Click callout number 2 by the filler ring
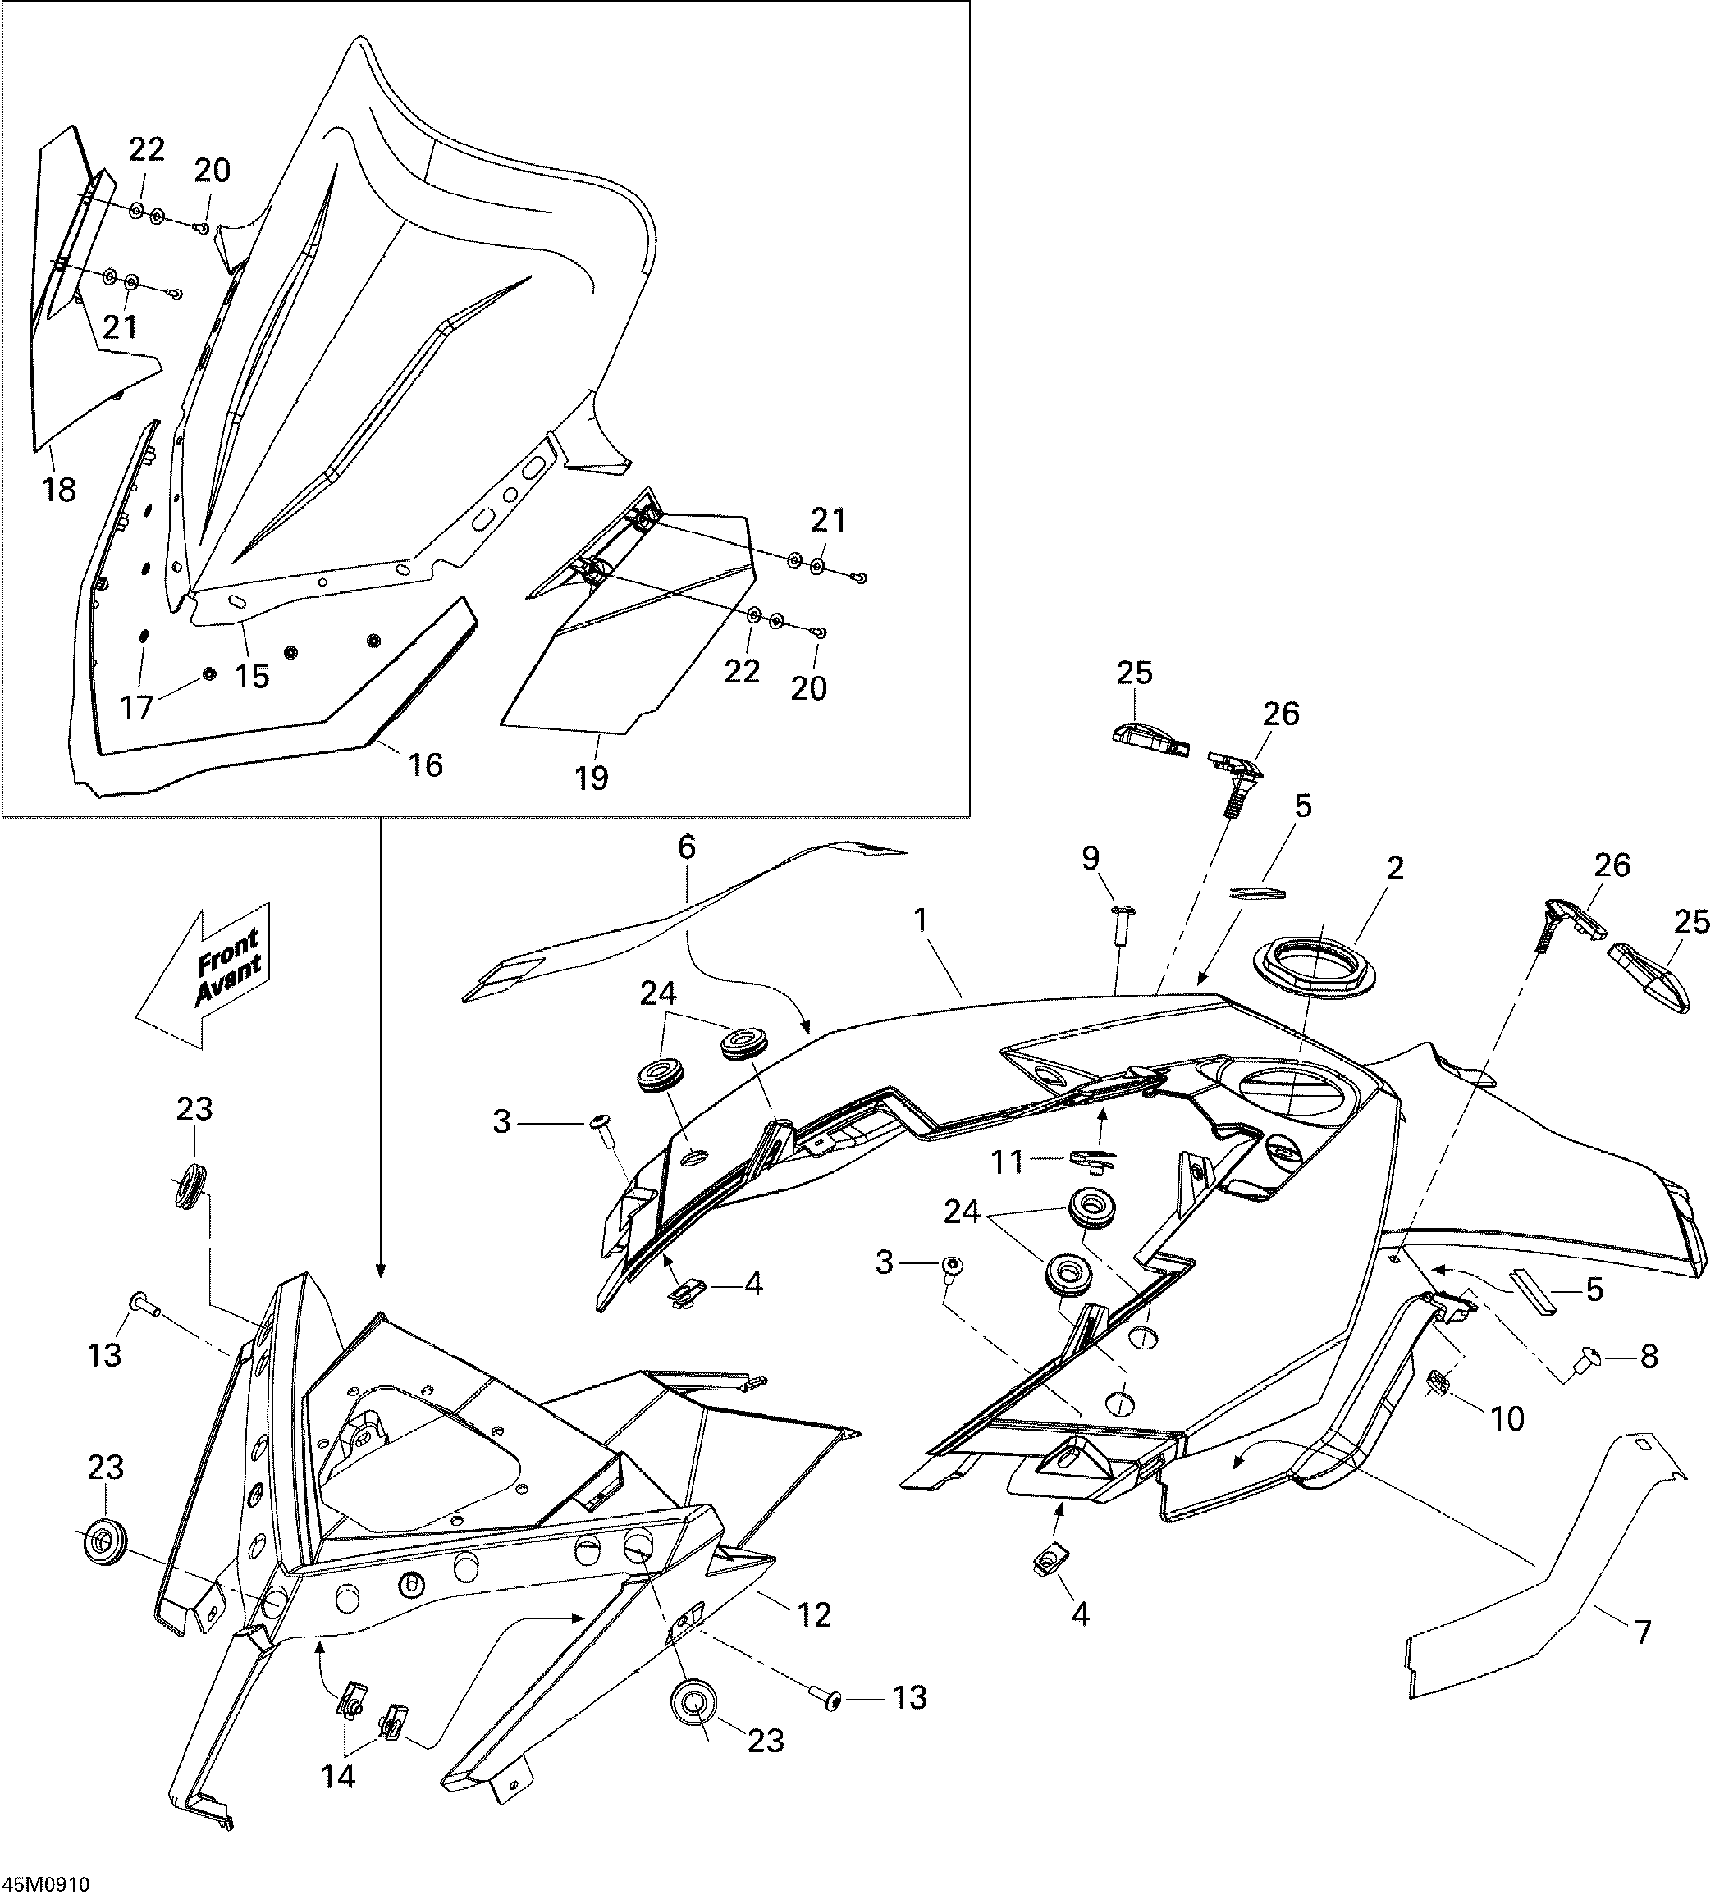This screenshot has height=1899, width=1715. point(1395,869)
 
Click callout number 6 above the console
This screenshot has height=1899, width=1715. point(687,847)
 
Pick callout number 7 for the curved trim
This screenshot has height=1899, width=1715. point(1643,1632)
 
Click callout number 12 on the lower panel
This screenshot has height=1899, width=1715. point(815,1614)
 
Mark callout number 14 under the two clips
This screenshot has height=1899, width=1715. point(338,1777)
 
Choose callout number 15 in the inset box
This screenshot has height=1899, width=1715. point(253,676)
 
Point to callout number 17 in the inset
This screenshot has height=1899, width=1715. point(138,706)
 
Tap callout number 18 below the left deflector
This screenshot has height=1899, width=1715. point(58,490)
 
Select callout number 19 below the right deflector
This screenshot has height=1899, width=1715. point(592,778)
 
